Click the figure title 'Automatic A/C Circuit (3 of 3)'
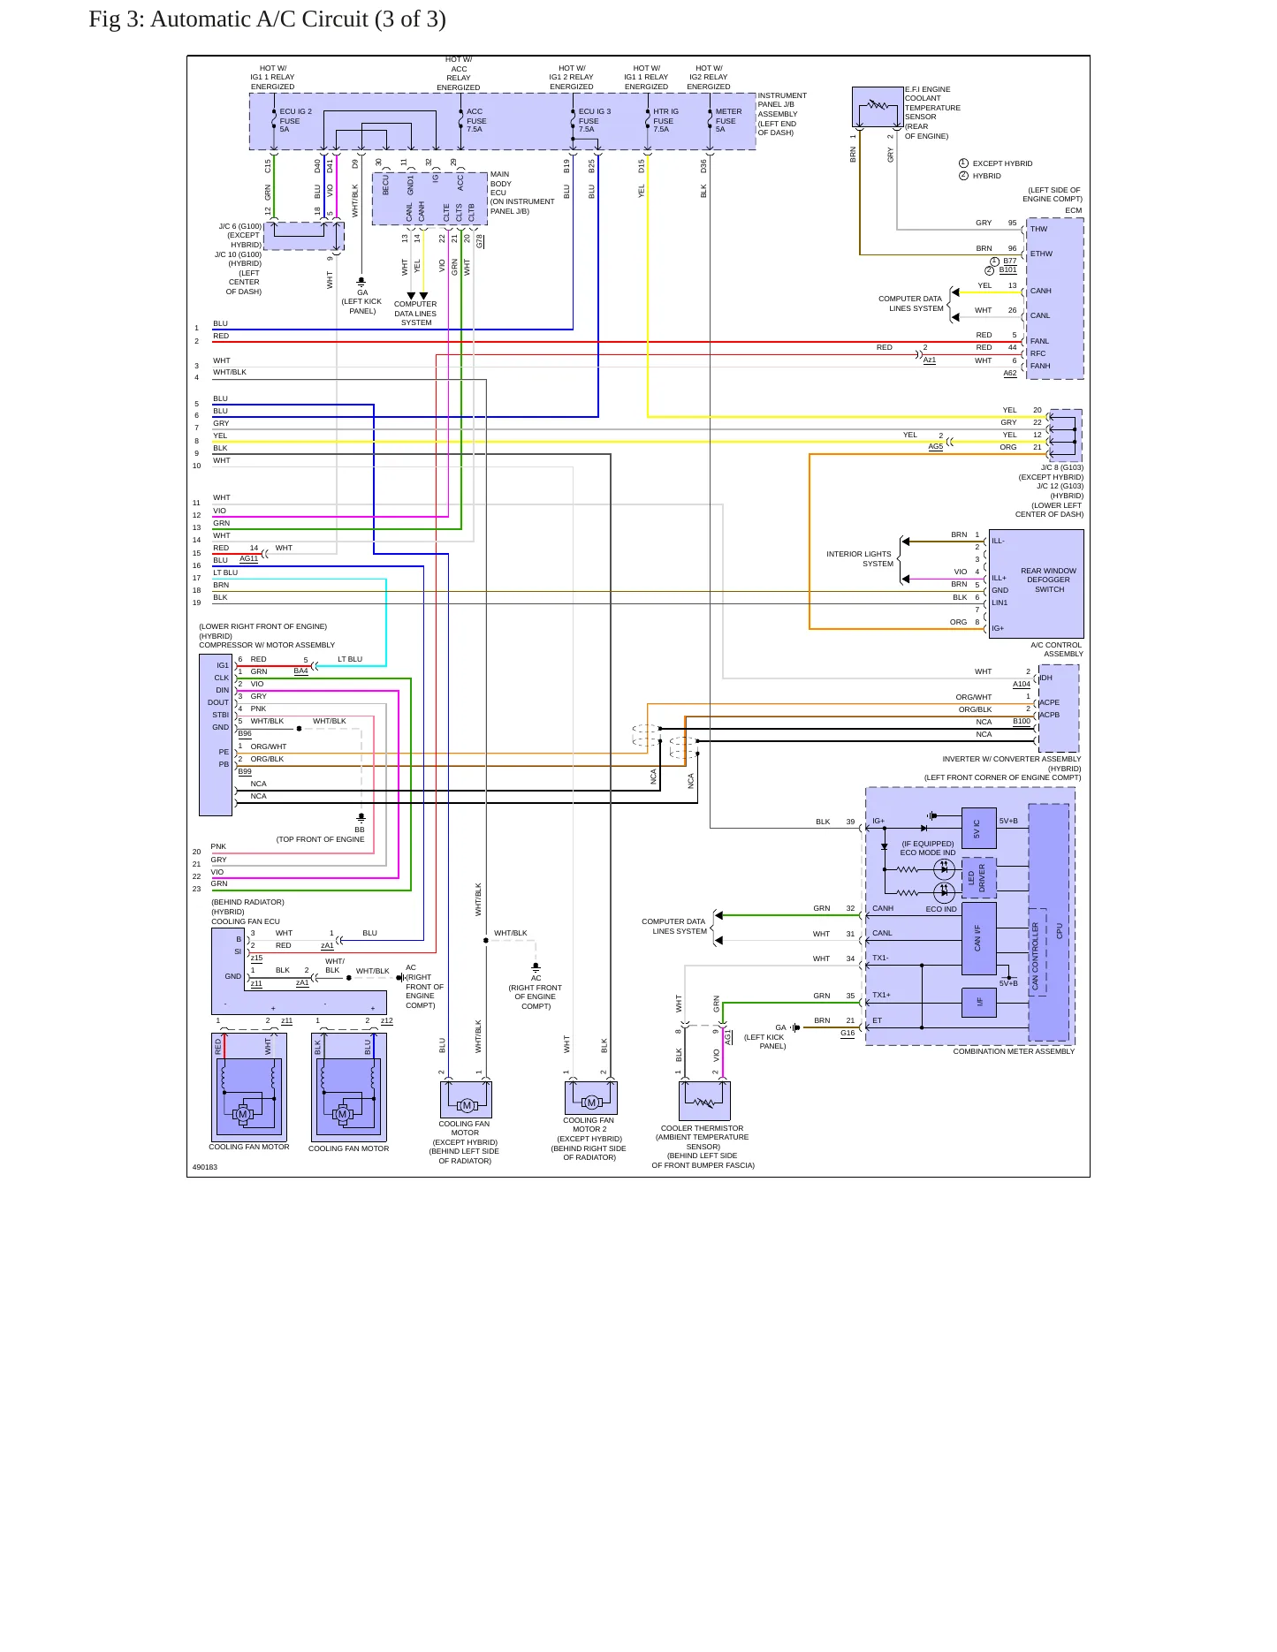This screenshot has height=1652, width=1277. pos(298,19)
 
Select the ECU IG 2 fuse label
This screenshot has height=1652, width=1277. pos(295,120)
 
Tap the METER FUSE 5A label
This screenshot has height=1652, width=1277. pos(728,120)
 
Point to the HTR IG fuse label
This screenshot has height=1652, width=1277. pos(665,120)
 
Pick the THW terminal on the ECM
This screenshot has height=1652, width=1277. pos(1038,229)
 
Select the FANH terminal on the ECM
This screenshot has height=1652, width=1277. pos(1040,366)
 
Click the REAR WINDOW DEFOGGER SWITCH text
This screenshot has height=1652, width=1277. pos(1049,580)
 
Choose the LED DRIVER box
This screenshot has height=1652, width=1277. pos(978,877)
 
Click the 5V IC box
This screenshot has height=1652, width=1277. pos(978,829)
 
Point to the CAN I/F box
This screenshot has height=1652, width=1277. pos(978,938)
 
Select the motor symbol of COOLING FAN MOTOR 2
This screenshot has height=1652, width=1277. pos(591,1102)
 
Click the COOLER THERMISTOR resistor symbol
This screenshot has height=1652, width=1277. pos(703,1103)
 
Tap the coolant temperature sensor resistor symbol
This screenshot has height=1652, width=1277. pos(878,105)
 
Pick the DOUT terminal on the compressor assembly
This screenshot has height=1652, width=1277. pos(218,702)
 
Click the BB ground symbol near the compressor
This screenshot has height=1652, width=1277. pos(361,818)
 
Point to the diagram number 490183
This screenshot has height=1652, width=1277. pos(205,1167)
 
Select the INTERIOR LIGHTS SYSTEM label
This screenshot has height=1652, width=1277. pos(860,558)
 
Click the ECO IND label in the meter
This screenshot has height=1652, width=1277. pos(941,909)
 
